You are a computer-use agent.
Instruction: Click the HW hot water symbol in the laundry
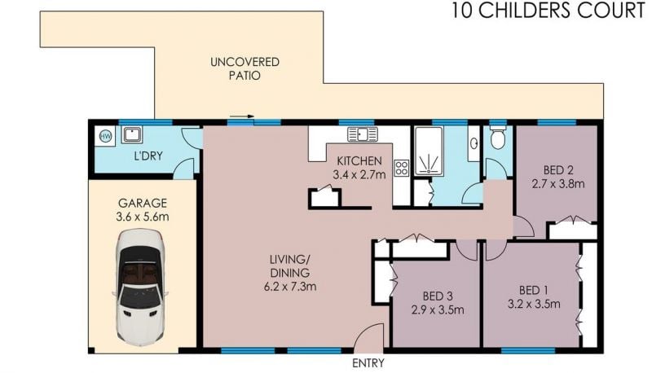(x=106, y=136)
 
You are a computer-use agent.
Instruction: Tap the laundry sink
(x=132, y=135)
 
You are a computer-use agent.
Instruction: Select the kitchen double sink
(x=363, y=134)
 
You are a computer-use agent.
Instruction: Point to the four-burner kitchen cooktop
(x=402, y=168)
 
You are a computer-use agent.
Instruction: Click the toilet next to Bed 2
(x=498, y=138)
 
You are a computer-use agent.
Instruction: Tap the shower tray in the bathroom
(x=430, y=151)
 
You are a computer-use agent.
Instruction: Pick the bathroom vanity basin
(x=474, y=143)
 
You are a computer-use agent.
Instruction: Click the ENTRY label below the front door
(x=368, y=363)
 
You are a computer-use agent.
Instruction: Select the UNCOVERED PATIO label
(x=244, y=69)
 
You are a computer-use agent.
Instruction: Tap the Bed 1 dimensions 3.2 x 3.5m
(x=534, y=304)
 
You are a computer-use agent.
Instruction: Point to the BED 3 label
(x=438, y=296)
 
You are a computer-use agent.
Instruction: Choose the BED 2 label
(x=558, y=170)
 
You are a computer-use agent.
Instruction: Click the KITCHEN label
(x=359, y=160)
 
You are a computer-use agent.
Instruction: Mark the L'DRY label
(x=148, y=156)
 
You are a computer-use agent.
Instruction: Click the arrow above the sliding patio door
(x=241, y=116)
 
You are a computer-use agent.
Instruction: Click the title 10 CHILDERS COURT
(x=548, y=11)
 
